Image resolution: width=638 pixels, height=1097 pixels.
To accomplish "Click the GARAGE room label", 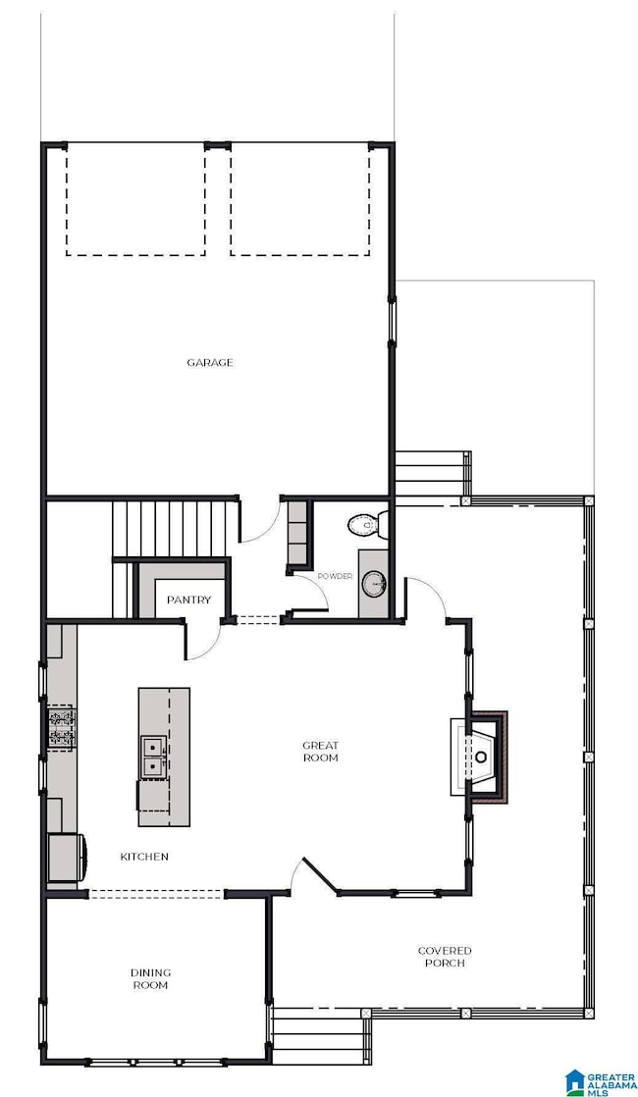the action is [210, 362].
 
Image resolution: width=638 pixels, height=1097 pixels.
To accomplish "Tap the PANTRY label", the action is [188, 600].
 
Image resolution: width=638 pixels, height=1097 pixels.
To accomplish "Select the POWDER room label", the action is [335, 577].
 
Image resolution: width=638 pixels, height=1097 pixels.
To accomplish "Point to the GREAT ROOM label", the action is [320, 752].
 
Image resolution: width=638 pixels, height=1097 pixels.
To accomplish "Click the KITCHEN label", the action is [144, 857].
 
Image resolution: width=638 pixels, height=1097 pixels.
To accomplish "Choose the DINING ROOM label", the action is [150, 979].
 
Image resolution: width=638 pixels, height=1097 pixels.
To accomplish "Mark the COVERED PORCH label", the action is [445, 957].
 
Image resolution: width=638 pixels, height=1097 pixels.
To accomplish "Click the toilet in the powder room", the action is [368, 524].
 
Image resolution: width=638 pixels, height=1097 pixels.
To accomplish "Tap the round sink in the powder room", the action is [374, 584].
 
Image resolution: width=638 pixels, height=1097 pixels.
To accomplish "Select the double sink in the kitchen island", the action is [154, 757].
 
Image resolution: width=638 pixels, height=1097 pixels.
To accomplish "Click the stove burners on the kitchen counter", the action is [61, 728].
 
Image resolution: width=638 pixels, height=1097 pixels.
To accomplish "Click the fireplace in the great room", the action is [479, 757].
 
